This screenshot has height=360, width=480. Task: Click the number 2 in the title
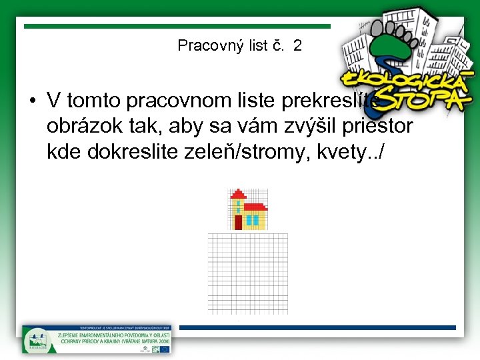297,45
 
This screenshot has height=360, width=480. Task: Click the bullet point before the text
32,101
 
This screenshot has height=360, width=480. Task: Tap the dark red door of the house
238,222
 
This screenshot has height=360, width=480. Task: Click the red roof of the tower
238,193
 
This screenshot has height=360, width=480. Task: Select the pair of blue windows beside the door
252,219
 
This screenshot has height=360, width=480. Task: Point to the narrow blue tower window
238,205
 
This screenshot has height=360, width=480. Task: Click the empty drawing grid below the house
248,273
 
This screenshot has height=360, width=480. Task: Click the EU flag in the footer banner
164,347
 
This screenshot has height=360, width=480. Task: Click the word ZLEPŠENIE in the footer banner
66,335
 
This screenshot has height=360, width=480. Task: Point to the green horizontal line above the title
177,27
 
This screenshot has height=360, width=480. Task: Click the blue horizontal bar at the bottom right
317,328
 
